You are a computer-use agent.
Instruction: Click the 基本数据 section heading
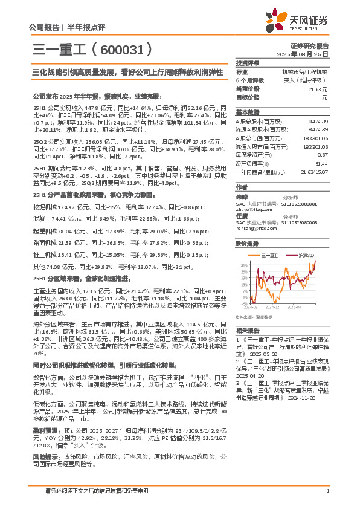247,112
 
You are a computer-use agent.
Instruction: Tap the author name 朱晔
241,196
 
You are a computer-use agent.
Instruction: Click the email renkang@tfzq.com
252,229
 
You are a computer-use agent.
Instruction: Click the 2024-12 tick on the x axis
277,307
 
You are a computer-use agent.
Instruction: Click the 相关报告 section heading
247,331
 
